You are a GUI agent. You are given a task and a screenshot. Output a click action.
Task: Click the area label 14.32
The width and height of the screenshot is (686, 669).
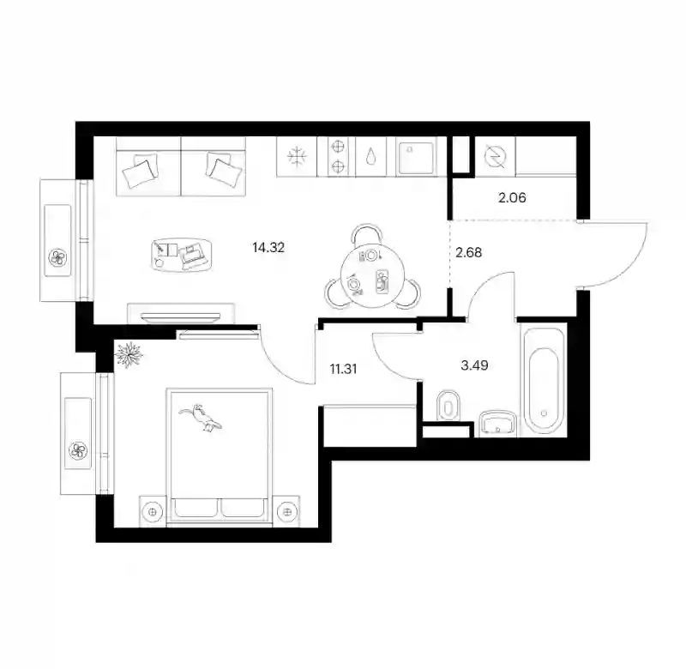[268, 248]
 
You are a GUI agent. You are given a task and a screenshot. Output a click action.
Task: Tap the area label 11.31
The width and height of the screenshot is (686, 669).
[344, 369]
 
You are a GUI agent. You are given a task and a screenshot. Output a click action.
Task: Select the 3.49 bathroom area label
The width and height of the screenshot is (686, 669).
[475, 365]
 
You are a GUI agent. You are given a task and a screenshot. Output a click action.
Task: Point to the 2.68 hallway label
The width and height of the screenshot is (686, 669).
[468, 252]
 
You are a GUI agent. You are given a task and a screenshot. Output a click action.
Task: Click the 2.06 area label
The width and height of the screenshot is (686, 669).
[512, 198]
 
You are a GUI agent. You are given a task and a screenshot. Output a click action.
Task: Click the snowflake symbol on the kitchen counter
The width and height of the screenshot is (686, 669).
[297, 157]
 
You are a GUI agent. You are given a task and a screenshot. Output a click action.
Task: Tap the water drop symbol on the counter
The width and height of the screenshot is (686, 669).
[371, 156]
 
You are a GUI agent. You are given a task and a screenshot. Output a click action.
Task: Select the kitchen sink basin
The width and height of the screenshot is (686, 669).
[415, 157]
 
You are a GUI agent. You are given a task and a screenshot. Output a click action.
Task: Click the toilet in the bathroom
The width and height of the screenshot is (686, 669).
[448, 406]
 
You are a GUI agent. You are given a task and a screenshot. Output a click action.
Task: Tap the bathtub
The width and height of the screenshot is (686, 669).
[544, 380]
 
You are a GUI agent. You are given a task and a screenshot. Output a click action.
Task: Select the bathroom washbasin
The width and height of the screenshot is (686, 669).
[498, 423]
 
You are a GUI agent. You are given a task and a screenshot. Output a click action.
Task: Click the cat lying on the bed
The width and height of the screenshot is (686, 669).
[201, 418]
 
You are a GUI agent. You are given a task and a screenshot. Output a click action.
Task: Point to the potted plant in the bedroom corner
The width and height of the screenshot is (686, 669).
[129, 354]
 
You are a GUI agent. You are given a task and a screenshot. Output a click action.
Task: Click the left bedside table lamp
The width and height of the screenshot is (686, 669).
[153, 511]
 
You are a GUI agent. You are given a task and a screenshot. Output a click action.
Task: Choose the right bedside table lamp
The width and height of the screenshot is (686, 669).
[287, 511]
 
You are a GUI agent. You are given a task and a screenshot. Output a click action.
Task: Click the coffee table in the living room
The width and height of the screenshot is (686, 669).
[182, 255]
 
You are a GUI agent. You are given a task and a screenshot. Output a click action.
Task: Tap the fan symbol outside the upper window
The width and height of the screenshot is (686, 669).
[57, 257]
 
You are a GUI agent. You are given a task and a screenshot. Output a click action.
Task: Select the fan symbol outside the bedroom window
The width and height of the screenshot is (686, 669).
[79, 450]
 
